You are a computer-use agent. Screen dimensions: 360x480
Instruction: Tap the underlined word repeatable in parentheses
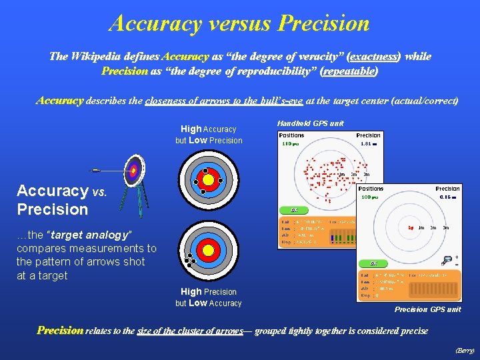tap(349, 70)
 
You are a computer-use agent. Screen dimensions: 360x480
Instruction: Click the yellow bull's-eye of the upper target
tap(208, 179)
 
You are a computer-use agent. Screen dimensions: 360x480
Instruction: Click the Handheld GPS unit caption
tap(310, 123)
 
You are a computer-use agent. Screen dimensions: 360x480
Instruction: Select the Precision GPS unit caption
tap(427, 309)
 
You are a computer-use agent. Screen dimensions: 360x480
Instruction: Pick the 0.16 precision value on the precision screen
tap(448, 197)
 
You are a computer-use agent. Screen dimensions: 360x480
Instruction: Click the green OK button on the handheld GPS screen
tap(294, 210)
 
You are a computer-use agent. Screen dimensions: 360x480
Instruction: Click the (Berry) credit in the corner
tap(464, 349)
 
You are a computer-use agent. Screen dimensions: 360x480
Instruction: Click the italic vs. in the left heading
tap(99, 192)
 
